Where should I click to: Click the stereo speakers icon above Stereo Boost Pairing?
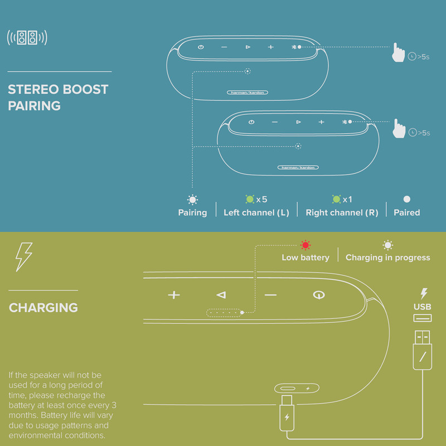click(27, 37)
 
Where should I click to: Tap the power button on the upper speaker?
click(201, 47)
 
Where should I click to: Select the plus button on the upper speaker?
click(271, 47)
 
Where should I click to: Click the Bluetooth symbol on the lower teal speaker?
click(345, 122)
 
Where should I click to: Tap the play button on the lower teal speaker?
click(298, 122)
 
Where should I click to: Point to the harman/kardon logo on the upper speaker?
click(247, 93)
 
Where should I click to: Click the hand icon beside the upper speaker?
click(398, 52)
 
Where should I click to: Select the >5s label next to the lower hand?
click(424, 133)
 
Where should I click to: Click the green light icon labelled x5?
click(250, 199)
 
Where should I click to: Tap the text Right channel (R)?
click(342, 212)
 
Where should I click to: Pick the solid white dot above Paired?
click(407, 199)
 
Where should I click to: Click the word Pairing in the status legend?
click(192, 213)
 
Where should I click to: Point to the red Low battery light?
click(306, 245)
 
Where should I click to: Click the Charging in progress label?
click(387, 258)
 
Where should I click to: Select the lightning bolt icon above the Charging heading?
click(23, 257)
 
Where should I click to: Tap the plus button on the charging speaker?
click(174, 295)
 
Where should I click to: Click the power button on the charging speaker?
click(319, 295)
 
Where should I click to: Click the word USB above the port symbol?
click(423, 307)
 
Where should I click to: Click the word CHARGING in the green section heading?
click(43, 308)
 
